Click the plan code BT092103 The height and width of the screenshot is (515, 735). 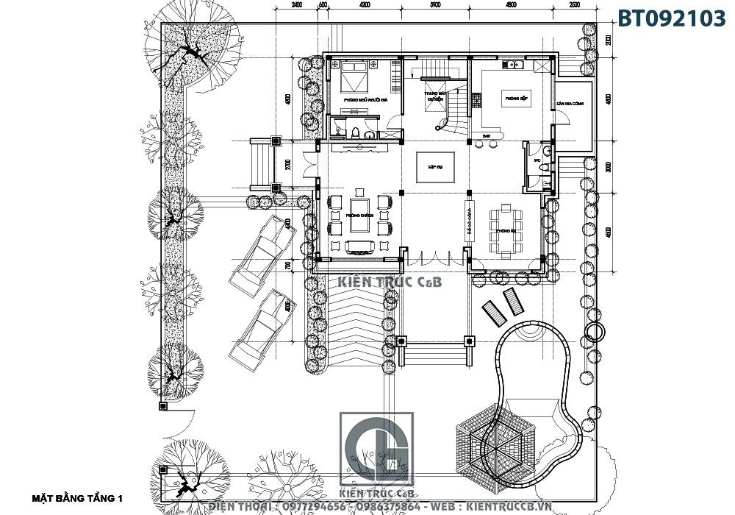click(671, 18)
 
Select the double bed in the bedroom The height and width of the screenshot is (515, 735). click(356, 74)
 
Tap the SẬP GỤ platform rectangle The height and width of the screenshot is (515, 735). click(434, 166)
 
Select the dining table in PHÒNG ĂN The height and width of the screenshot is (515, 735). click(506, 230)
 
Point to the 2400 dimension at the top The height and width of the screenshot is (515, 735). click(297, 6)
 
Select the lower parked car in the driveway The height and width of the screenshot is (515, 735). click(257, 327)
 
